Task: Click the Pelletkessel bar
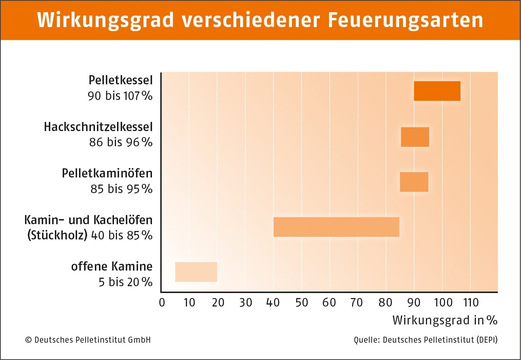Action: point(437,91)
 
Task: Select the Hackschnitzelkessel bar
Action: point(415,137)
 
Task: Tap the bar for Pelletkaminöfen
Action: point(414,182)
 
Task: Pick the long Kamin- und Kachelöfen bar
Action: point(336,227)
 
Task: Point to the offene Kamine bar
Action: point(196,272)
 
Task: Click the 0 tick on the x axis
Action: point(162,302)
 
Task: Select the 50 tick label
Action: point(302,302)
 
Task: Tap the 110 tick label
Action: point(471,302)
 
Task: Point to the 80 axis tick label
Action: point(385,302)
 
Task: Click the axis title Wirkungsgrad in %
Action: point(445,320)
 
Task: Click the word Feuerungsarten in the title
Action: point(405,20)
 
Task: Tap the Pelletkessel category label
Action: point(120,80)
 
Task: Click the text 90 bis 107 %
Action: point(120,96)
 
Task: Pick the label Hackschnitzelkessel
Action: point(98,127)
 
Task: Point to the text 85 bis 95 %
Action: point(121,189)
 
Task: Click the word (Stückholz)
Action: point(57,235)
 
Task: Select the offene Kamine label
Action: point(112,267)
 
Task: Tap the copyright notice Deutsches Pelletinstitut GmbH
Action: point(88,340)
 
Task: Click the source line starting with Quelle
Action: point(425,340)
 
